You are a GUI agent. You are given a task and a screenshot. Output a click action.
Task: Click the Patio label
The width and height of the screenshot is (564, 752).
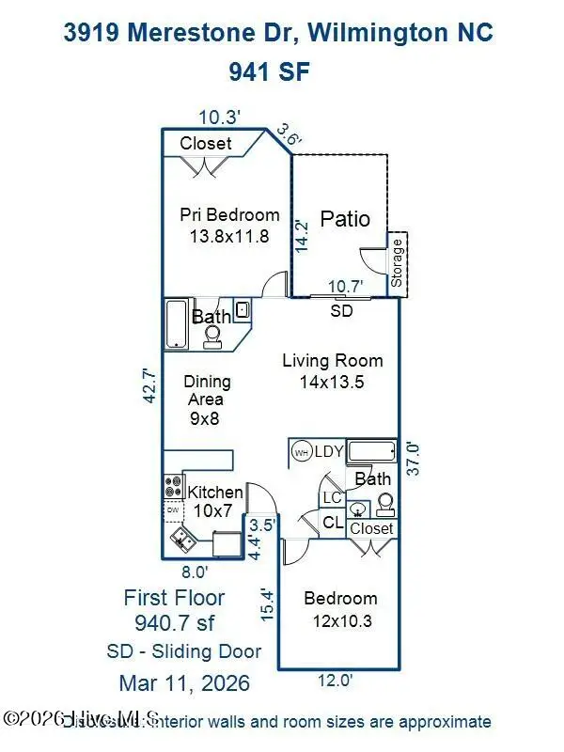pos(345,219)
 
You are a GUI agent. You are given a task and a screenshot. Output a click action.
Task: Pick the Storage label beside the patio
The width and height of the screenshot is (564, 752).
pos(397,263)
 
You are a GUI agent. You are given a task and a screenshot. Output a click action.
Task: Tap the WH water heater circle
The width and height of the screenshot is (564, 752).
pos(302,451)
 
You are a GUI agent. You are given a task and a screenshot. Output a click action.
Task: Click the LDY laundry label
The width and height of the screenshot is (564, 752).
pos(329,452)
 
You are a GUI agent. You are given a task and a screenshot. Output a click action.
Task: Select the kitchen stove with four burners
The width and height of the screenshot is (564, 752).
pos(174,487)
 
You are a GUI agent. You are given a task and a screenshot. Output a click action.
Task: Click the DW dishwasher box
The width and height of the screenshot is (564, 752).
pos(173,511)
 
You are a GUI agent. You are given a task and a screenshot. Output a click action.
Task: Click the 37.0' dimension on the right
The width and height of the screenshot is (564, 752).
pos(413,459)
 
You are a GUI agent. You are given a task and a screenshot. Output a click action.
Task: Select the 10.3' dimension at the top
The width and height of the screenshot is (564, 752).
pos(220,117)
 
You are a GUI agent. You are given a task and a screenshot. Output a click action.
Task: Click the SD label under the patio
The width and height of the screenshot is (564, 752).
pos(342,311)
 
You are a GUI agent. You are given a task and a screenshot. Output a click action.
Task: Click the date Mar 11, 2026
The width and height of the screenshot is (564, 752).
pos(184,682)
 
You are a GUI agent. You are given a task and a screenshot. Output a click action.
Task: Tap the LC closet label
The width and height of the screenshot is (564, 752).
pos(331,497)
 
